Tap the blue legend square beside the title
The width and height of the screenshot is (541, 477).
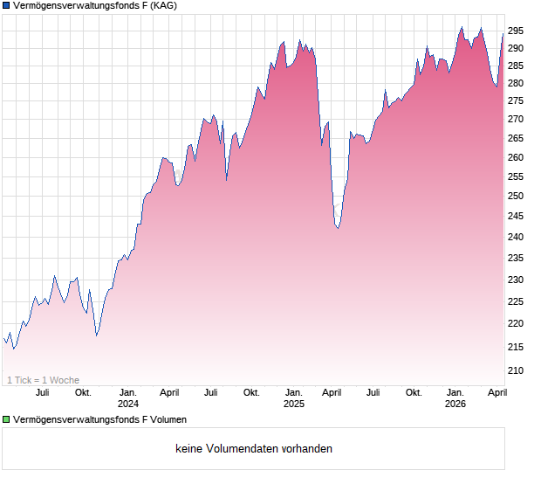[x=6, y=7]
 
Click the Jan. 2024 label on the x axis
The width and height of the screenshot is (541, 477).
[x=128, y=398]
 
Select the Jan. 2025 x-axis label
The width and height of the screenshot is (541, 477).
[x=293, y=398]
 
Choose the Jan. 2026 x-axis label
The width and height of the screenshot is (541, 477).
[x=455, y=398]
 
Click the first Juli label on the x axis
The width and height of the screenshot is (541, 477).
[x=42, y=393]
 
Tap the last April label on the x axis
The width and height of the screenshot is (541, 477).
[x=496, y=393]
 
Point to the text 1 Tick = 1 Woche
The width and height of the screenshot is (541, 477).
[x=43, y=380]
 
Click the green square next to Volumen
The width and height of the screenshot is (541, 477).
[x=6, y=419]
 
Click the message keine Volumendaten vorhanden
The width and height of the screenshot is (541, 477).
[x=254, y=449]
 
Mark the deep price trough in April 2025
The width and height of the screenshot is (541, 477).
[x=338, y=228]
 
